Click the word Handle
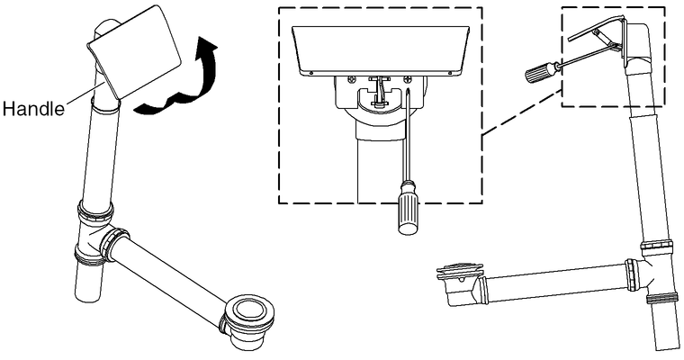[x=33, y=108]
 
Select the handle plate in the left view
[x=133, y=52]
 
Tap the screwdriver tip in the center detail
[x=407, y=90]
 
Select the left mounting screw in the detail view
[x=352, y=79]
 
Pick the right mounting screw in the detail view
[x=408, y=79]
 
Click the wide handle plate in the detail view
[x=380, y=50]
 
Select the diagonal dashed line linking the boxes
[x=521, y=113]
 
